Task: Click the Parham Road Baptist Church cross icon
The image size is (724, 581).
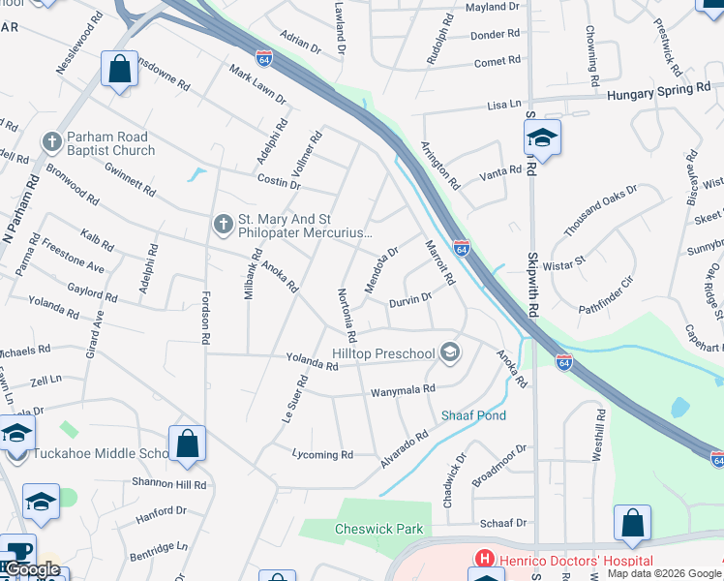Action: (52, 142)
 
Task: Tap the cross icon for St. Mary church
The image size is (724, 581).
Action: (223, 225)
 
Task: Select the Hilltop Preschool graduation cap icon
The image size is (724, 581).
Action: (449, 352)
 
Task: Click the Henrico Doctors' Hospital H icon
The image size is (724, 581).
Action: (482, 559)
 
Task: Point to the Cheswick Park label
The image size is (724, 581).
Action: (366, 529)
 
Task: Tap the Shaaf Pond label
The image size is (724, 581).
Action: (473, 415)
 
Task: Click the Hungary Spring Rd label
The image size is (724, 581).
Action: (658, 90)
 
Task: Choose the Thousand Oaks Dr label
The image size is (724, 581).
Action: (600, 210)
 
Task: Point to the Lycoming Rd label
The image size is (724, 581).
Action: (322, 454)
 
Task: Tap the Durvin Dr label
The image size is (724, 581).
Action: (409, 302)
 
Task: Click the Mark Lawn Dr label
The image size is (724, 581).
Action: (257, 84)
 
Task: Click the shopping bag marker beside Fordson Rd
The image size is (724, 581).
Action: (188, 443)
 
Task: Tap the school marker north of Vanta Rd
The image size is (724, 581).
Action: (542, 139)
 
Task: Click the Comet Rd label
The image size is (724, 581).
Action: (498, 62)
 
